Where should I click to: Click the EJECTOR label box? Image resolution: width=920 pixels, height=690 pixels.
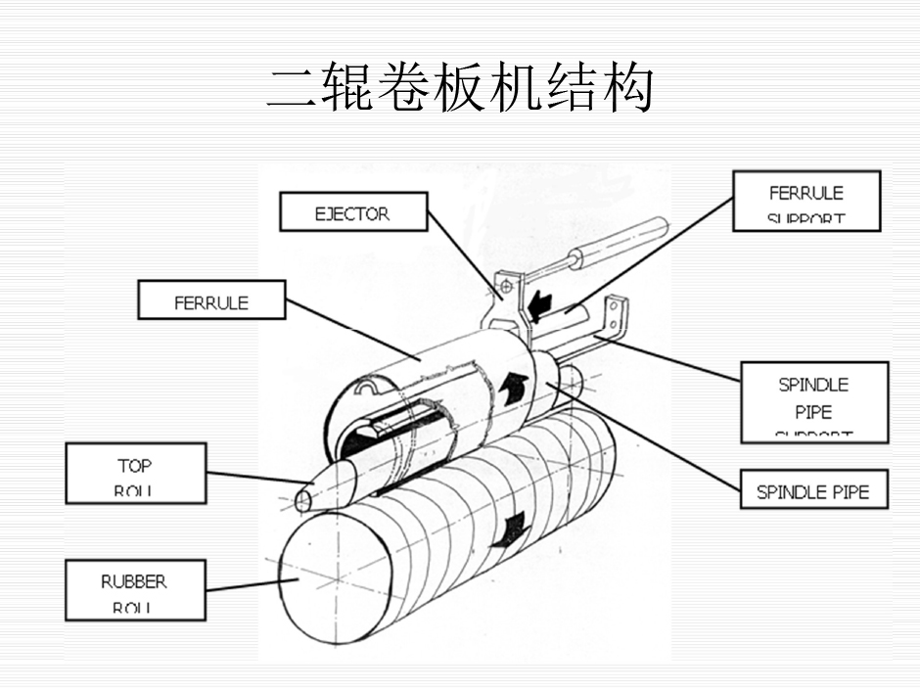tap(352, 211)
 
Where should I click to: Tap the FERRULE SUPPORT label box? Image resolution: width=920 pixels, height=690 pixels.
tap(806, 201)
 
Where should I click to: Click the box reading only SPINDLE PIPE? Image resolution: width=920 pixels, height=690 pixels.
tap(812, 491)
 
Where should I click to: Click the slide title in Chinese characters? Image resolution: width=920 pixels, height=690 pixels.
tap(460, 88)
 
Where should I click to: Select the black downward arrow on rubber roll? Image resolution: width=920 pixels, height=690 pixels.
tap(510, 531)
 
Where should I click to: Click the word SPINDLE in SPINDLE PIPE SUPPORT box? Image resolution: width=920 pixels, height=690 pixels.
tap(813, 385)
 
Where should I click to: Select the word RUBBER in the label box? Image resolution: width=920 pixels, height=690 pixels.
tap(134, 581)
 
